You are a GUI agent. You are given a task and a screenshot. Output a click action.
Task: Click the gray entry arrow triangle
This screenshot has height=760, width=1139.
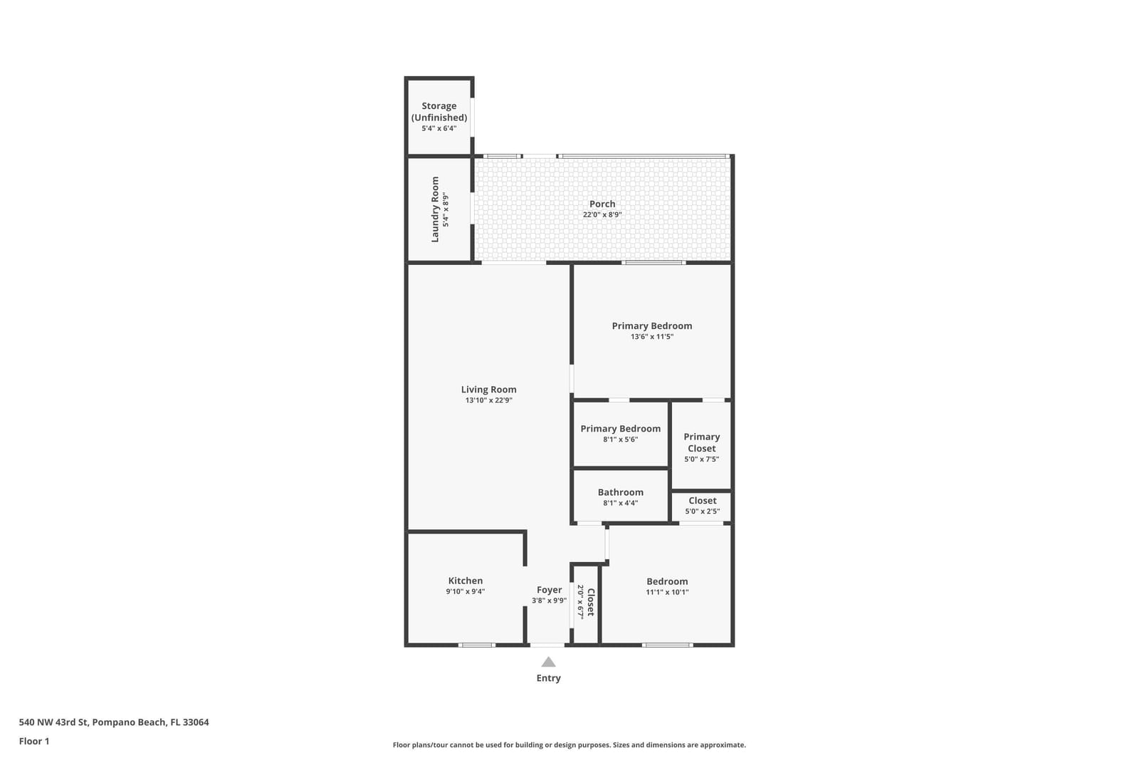pyautogui.click(x=548, y=662)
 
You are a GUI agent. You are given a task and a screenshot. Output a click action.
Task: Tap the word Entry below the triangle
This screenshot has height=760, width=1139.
pyautogui.click(x=549, y=678)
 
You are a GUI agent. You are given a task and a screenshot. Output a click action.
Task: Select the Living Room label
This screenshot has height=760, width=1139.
pyautogui.click(x=488, y=390)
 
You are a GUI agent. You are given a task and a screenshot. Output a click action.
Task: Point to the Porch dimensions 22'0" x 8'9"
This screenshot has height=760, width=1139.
pyautogui.click(x=602, y=214)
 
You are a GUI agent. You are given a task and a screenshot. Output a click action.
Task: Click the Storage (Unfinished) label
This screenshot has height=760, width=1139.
pyautogui.click(x=439, y=112)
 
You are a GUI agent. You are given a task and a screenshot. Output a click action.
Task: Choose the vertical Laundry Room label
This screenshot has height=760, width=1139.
pyautogui.click(x=435, y=209)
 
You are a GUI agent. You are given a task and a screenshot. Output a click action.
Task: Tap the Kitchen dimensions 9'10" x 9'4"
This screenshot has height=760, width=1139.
pyautogui.click(x=466, y=592)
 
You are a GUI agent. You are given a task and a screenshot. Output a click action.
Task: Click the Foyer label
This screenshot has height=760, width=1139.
pyautogui.click(x=549, y=590)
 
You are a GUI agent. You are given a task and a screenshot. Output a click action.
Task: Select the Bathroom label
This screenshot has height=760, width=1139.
pyautogui.click(x=620, y=492)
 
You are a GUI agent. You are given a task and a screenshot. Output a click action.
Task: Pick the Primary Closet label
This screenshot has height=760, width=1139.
pyautogui.click(x=702, y=442)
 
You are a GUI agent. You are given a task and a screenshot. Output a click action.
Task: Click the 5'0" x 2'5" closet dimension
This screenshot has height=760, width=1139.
pyautogui.click(x=702, y=511)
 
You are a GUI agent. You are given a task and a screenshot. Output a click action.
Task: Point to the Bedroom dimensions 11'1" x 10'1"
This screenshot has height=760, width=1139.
pyautogui.click(x=667, y=592)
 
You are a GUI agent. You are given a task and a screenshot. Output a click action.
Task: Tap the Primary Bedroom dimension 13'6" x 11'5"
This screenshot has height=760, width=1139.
pyautogui.click(x=652, y=337)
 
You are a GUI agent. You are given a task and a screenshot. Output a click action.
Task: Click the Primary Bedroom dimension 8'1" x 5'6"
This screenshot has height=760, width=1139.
pyautogui.click(x=620, y=439)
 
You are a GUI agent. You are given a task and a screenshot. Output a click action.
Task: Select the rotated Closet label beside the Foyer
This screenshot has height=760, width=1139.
pyautogui.click(x=591, y=603)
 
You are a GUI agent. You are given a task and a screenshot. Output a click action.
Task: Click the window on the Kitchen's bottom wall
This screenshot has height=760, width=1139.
pyautogui.click(x=476, y=645)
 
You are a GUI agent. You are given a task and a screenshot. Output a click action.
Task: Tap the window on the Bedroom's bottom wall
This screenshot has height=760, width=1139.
pyautogui.click(x=667, y=645)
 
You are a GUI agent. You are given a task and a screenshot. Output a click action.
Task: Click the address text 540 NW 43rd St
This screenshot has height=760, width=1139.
pyautogui.click(x=54, y=722)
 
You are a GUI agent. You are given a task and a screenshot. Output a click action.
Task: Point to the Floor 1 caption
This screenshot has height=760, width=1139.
pyautogui.click(x=34, y=741)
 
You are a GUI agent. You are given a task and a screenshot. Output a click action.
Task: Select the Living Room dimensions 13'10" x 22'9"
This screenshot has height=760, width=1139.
pyautogui.click(x=488, y=400)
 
